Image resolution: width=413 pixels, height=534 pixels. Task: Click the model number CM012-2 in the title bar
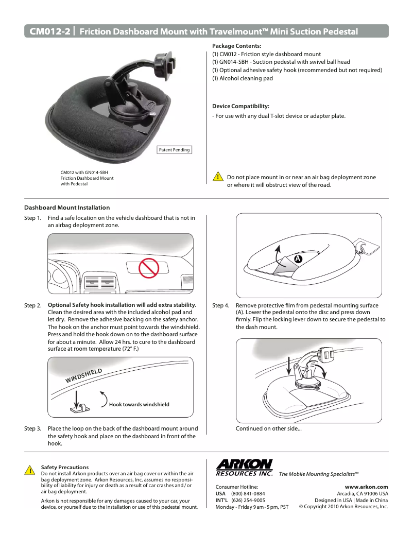coord(49,31)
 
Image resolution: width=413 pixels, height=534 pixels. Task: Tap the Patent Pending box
coord(174,150)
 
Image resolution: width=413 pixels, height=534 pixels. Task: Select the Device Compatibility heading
coord(240,106)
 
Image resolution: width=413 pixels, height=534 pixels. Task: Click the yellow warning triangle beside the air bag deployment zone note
coord(218,177)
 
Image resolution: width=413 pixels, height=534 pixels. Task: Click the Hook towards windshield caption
coord(139,404)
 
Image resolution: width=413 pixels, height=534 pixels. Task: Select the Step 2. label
coord(33,305)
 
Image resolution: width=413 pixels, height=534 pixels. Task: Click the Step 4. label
coord(221,305)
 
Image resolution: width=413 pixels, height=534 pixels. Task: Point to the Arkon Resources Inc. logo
coord(244,467)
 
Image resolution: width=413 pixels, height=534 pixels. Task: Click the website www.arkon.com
coord(366,487)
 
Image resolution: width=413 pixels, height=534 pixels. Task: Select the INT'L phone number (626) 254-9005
coord(248,500)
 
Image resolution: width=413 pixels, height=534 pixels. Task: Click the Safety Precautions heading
coord(64,467)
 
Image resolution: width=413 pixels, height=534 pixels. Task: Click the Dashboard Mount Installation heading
coord(67,208)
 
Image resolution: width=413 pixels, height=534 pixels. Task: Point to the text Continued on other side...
coord(268,428)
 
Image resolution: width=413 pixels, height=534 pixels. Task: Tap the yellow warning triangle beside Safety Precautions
coord(29,470)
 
